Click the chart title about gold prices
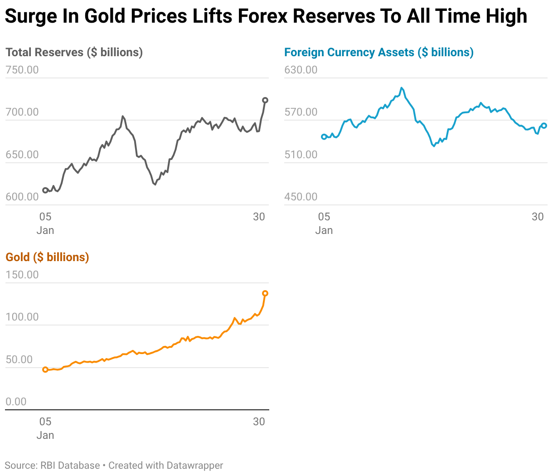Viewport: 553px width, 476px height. pyautogui.click(x=266, y=16)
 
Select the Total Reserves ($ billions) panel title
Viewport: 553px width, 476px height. pyautogui.click(x=74, y=52)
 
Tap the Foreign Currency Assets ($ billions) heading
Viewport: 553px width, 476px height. pyautogui.click(x=378, y=52)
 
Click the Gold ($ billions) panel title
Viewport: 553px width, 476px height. pyautogui.click(x=47, y=257)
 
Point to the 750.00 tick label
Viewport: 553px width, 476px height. pyautogui.click(x=22, y=70)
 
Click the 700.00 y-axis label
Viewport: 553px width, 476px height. pyautogui.click(x=22, y=112)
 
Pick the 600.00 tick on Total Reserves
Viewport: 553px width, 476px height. pyautogui.click(x=22, y=197)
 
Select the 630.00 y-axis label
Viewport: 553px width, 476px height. pyautogui.click(x=301, y=70)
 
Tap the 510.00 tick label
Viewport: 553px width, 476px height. pyautogui.click(x=301, y=155)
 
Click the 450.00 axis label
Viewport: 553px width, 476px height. pyautogui.click(x=301, y=197)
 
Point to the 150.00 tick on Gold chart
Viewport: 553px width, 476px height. pyautogui.click(x=22, y=275)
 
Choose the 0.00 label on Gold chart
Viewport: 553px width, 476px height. pyautogui.click(x=16, y=402)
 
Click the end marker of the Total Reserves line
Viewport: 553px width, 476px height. pyautogui.click(x=265, y=100)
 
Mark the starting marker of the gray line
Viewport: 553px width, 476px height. pyautogui.click(x=45, y=190)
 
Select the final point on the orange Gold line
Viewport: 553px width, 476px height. pyautogui.click(x=265, y=293)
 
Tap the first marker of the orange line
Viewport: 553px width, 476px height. pyautogui.click(x=45, y=369)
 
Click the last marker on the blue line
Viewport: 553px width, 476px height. pyautogui.click(x=544, y=126)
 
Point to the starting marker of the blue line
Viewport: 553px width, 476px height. pyautogui.click(x=324, y=136)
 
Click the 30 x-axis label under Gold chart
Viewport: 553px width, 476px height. pyautogui.click(x=259, y=422)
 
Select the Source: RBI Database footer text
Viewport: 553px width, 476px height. pyautogui.click(x=52, y=466)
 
